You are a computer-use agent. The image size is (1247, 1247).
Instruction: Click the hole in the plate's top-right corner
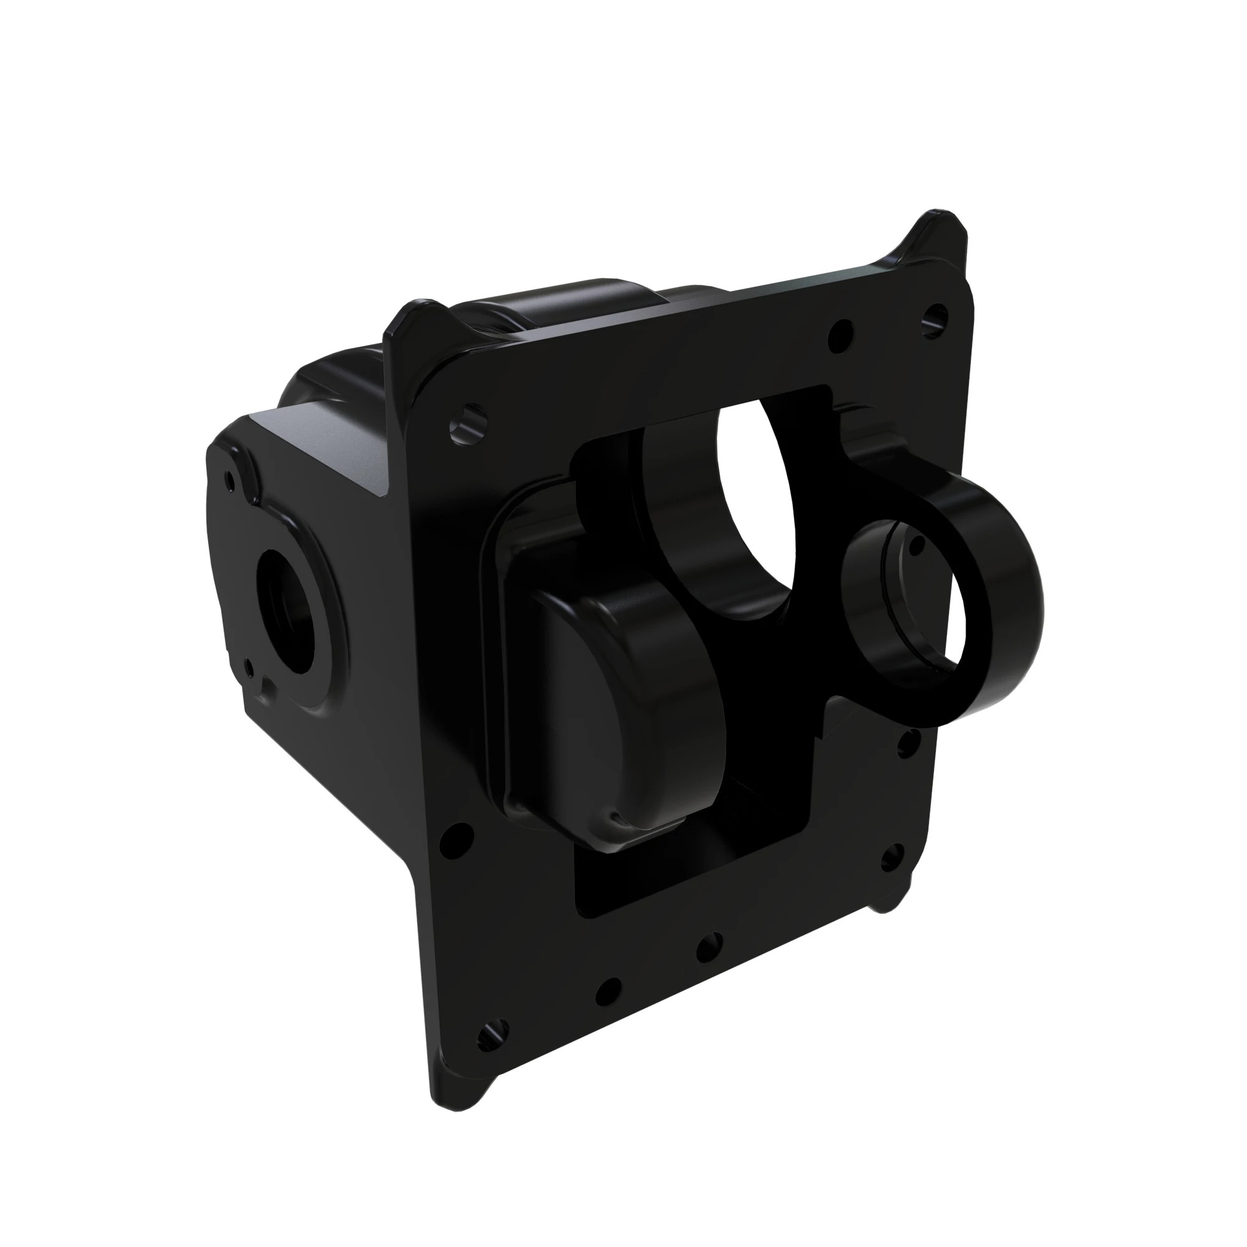click(x=935, y=317)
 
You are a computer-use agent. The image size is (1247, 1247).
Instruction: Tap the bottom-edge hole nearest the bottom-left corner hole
click(x=608, y=990)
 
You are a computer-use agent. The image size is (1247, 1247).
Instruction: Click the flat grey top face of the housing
click(x=329, y=445)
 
